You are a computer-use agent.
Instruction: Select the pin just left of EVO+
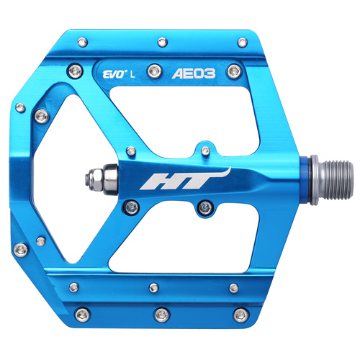coord(75,71)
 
